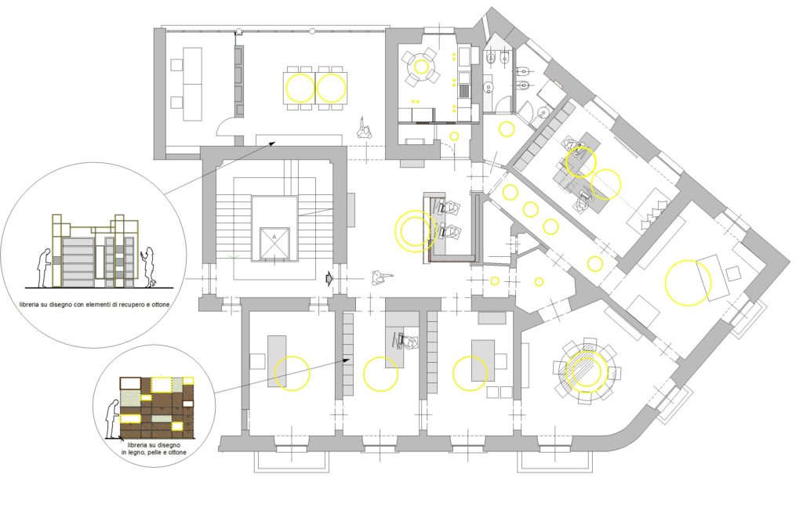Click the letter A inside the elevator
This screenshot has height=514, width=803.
[274, 237]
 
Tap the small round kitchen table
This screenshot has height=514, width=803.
[420, 66]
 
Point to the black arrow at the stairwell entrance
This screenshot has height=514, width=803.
[329, 278]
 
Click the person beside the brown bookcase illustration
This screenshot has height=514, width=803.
[111, 418]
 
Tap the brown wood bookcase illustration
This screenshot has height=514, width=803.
[157, 407]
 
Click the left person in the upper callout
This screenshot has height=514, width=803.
[44, 268]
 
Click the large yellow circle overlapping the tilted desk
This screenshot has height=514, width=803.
[688, 283]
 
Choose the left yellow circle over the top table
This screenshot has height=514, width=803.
[300, 88]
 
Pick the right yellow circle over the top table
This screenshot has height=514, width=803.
[332, 88]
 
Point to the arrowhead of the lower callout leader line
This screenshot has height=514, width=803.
[347, 360]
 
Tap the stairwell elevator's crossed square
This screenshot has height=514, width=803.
[274, 241]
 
